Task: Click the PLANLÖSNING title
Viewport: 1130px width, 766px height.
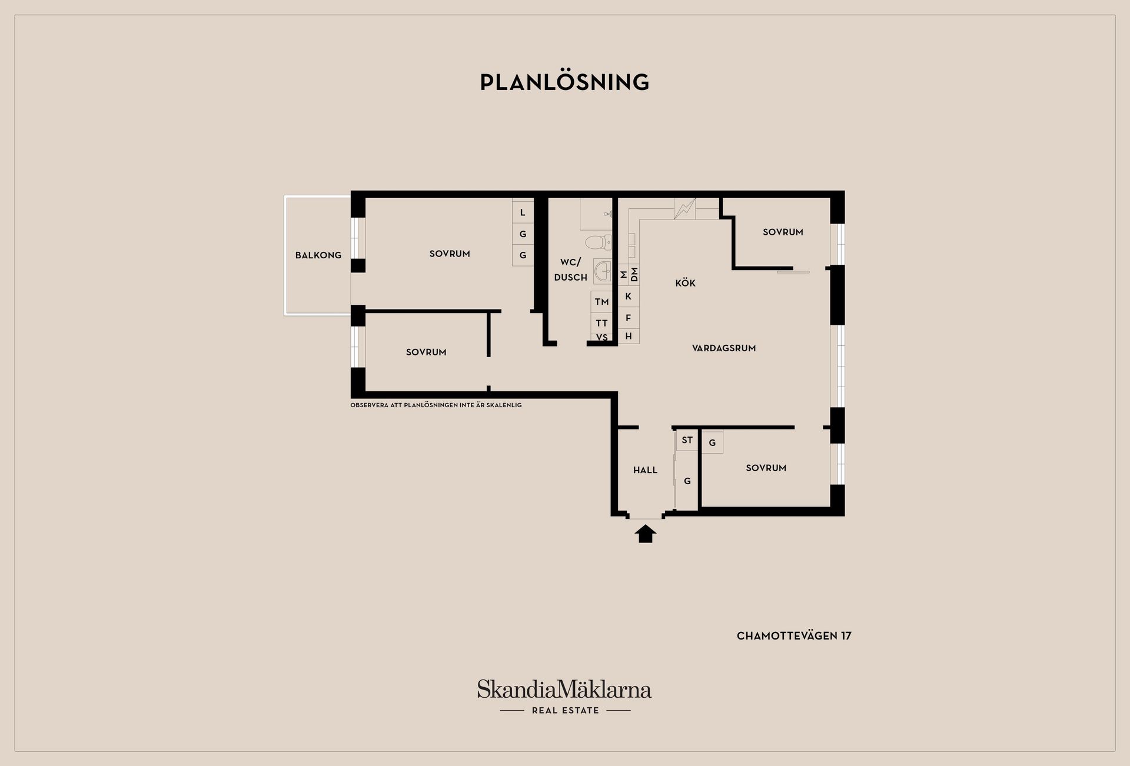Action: (x=564, y=82)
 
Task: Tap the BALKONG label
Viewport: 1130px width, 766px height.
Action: (x=318, y=255)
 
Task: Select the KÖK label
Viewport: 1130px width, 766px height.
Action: (x=685, y=283)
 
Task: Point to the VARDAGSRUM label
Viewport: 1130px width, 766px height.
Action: (x=724, y=348)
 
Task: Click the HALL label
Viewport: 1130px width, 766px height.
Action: (x=645, y=470)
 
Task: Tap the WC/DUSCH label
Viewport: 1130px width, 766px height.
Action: (x=570, y=269)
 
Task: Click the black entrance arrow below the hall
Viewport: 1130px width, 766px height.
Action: (x=646, y=534)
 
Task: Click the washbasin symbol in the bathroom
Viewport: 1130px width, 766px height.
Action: (x=603, y=272)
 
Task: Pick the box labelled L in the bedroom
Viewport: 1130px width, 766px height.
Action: (x=523, y=212)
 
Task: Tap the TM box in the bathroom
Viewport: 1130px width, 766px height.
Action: (x=601, y=302)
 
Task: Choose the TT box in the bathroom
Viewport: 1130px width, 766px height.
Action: (x=601, y=323)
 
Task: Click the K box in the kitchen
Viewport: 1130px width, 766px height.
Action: (x=629, y=297)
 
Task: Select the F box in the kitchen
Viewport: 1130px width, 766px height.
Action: (x=629, y=318)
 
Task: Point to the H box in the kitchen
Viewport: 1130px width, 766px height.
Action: (x=629, y=337)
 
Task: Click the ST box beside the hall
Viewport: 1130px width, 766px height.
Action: (x=687, y=440)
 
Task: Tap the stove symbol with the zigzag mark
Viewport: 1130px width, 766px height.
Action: (x=685, y=208)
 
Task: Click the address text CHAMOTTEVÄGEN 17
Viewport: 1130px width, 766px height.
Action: (x=794, y=636)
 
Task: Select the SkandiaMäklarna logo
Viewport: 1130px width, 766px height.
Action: (x=564, y=697)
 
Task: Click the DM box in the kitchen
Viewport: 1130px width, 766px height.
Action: (x=634, y=275)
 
